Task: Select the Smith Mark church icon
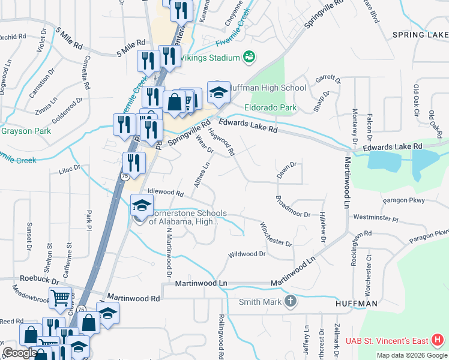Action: click(x=291, y=301)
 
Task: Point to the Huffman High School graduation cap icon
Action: click(x=218, y=92)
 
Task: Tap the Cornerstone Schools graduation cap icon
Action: click(x=142, y=205)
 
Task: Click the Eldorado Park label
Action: click(x=270, y=108)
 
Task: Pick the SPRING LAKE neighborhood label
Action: click(x=420, y=35)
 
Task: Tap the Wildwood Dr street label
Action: click(x=246, y=254)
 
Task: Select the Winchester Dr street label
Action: click(x=276, y=234)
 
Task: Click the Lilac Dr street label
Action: click(x=69, y=170)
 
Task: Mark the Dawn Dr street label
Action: click(x=286, y=169)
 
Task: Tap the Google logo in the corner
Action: click(x=19, y=353)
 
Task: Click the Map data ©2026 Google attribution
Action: click(x=412, y=355)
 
